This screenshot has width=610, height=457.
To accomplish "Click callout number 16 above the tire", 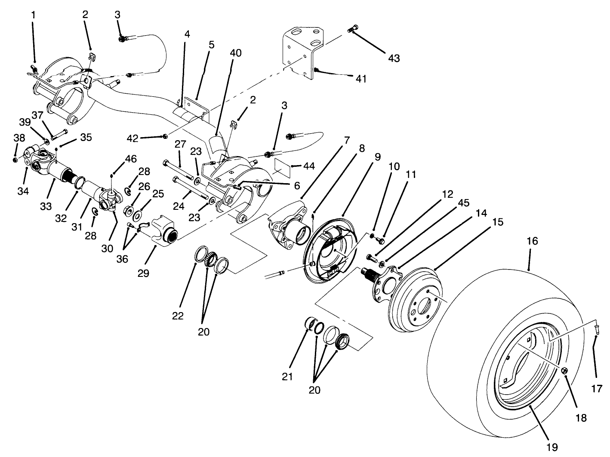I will (532, 241).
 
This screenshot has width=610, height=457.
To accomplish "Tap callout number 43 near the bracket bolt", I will (394, 58).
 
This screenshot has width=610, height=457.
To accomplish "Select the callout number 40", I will (236, 53).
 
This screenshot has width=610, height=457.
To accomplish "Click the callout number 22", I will (178, 316).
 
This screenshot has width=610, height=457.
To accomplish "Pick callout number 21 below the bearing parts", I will (287, 377).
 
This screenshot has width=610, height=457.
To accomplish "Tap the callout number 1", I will (34, 14).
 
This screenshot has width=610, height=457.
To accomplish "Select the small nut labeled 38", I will (15, 160).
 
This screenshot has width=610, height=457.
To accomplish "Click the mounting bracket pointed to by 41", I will (301, 52).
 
